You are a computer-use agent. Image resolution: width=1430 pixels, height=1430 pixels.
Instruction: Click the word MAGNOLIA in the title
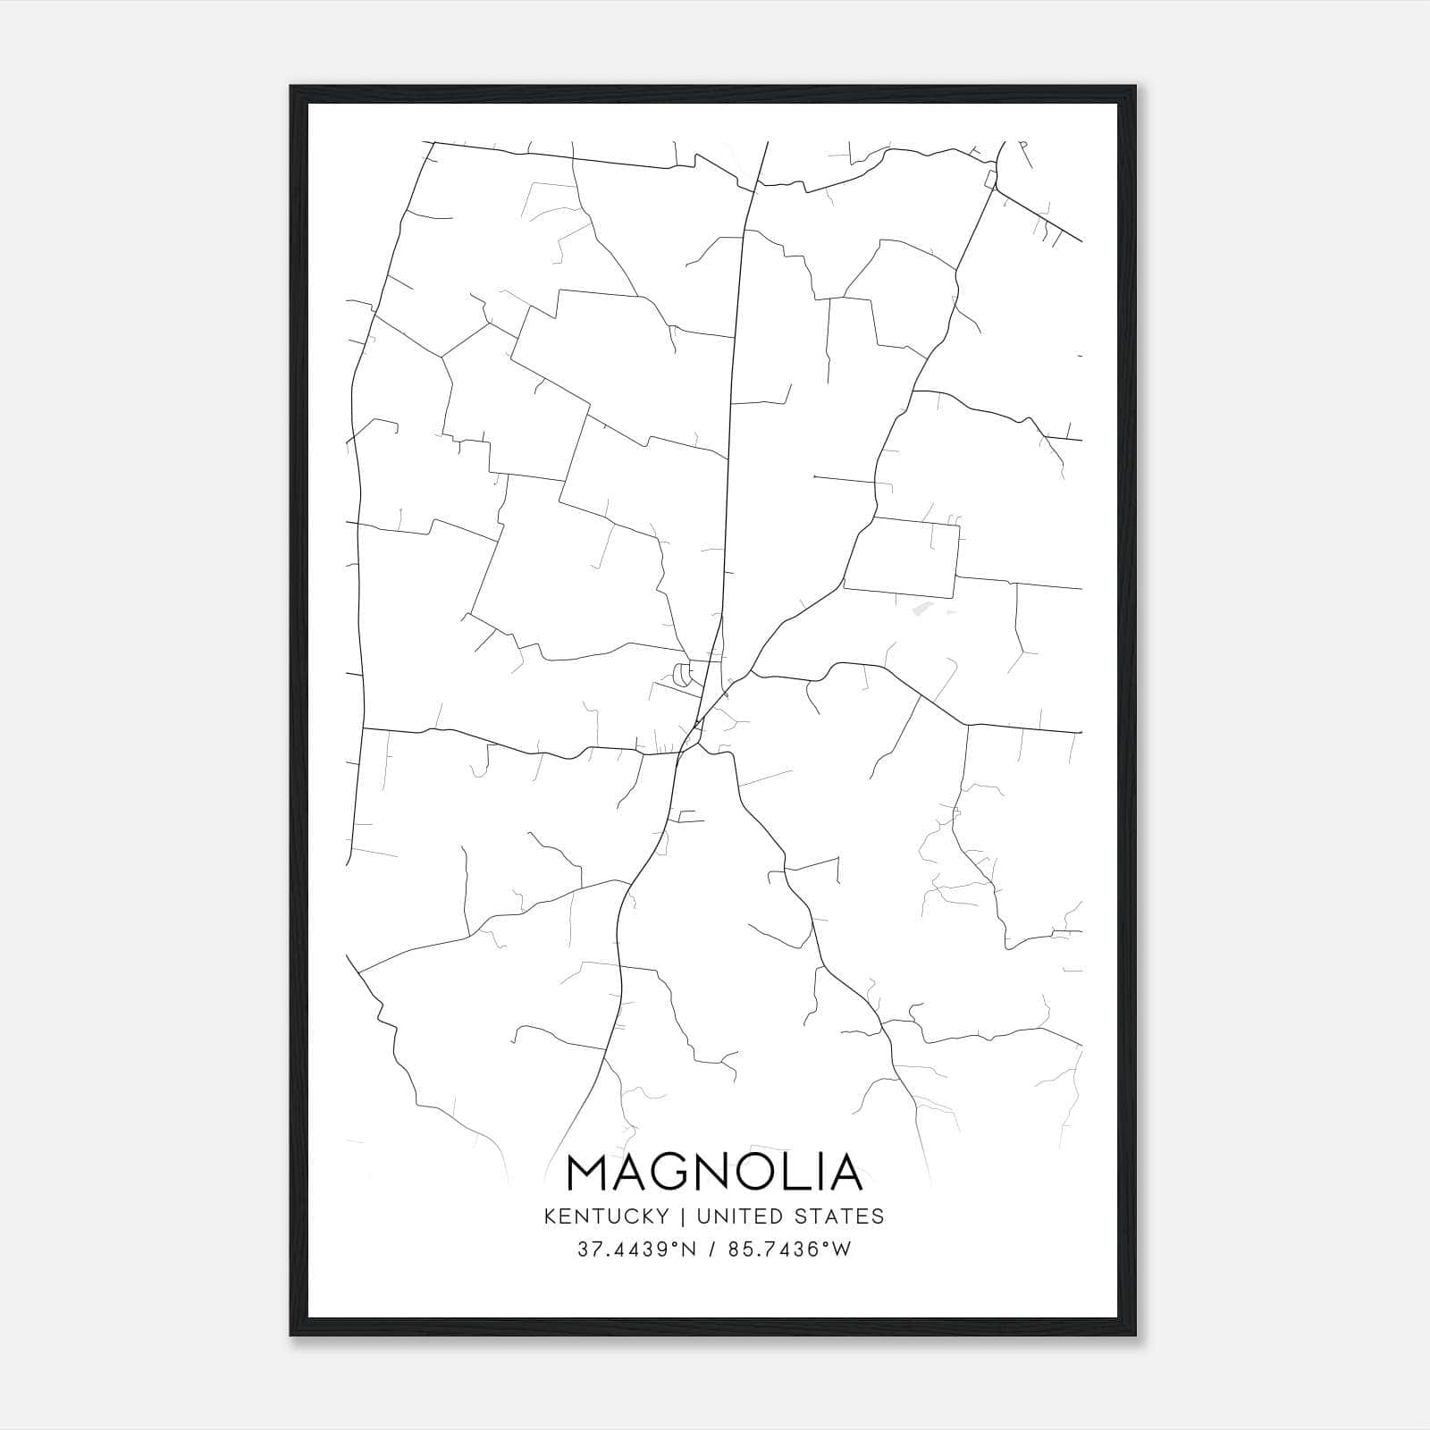[715, 1173]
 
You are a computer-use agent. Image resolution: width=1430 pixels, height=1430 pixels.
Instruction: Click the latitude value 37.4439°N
[635, 1249]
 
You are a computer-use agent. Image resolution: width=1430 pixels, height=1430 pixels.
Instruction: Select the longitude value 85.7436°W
[788, 1249]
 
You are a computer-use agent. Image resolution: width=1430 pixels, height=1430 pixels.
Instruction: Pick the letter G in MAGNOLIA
[674, 1173]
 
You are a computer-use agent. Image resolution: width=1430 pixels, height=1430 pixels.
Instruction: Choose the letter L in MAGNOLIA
[801, 1173]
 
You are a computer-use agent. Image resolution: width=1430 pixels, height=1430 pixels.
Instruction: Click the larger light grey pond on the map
[921, 610]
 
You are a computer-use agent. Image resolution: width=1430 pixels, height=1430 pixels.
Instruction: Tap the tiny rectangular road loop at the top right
[990, 180]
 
